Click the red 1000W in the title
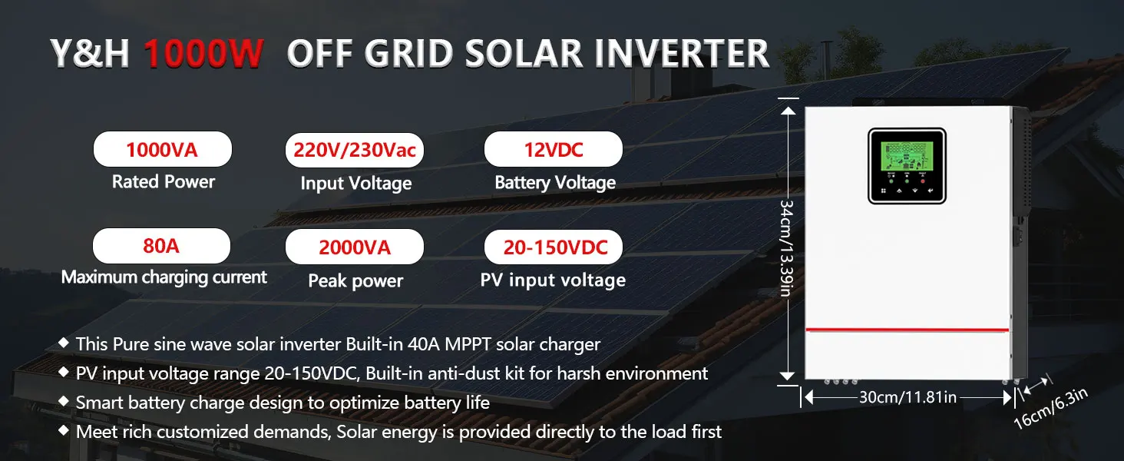(x=203, y=53)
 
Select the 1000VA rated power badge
(x=163, y=149)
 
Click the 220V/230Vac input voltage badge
(x=355, y=150)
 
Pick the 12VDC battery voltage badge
(x=554, y=149)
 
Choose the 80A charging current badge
(x=161, y=246)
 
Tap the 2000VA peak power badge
(x=355, y=247)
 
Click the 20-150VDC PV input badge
(x=554, y=247)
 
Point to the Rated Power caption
(x=164, y=181)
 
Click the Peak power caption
(x=355, y=280)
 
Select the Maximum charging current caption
(x=164, y=277)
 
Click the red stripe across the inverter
(x=907, y=330)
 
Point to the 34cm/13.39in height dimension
(x=786, y=249)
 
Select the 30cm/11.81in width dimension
(x=907, y=397)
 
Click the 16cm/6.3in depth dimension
(x=1051, y=408)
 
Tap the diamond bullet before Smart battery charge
(x=64, y=401)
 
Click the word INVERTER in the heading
(x=682, y=53)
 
